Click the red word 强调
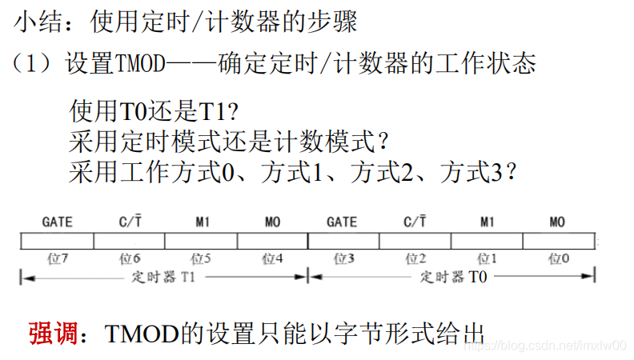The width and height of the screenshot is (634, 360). point(53,333)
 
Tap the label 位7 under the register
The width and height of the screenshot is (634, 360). point(57,259)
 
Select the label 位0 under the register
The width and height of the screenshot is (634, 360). point(560,259)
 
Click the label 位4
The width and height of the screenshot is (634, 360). point(273,259)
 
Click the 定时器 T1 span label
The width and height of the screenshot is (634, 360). point(165,277)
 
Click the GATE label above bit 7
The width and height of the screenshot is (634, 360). point(57,222)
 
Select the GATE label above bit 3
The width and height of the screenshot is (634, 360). point(343,222)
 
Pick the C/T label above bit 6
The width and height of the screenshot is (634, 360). point(128,222)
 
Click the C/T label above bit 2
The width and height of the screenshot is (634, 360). point(415,222)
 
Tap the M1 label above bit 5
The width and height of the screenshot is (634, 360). point(201,222)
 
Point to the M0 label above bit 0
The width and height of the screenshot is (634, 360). point(559,222)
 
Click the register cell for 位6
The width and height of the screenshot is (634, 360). point(129,240)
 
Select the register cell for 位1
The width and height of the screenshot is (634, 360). point(487,240)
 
